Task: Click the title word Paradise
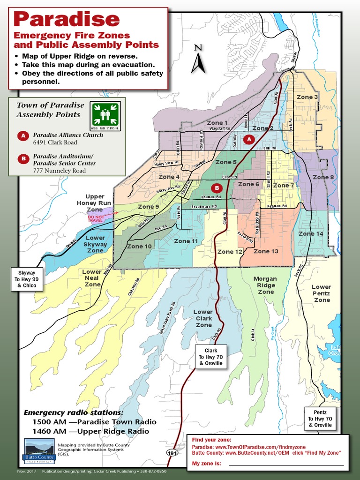[67, 19]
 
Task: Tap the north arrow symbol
[198, 60]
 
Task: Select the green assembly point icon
[105, 115]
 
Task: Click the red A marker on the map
[249, 139]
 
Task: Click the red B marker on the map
[217, 188]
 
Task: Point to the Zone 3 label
[307, 97]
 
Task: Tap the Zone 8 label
[323, 177]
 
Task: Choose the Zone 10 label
[139, 246]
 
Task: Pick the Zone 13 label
[266, 251]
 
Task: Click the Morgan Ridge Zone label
[265, 285]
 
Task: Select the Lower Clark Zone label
[203, 318]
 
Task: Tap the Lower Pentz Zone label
[322, 293]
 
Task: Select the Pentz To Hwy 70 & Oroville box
[320, 419]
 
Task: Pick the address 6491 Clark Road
[55, 142]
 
